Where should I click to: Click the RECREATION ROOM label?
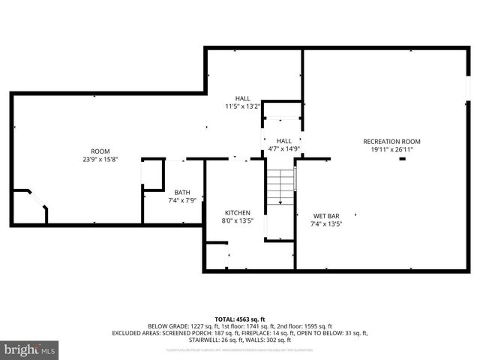(x=391, y=141)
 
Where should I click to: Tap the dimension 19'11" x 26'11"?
(x=391, y=149)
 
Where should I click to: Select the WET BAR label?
(x=325, y=214)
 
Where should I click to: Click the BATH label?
(x=182, y=191)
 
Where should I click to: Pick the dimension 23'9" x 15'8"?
(x=100, y=159)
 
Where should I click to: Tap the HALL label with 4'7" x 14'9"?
(x=283, y=140)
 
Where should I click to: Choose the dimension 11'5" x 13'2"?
(x=242, y=106)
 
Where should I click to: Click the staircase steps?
(x=280, y=185)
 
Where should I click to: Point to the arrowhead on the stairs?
(x=280, y=202)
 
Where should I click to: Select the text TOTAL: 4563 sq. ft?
(x=240, y=318)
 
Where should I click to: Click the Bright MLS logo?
(x=30, y=349)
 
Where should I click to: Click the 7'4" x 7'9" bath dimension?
(x=182, y=199)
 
